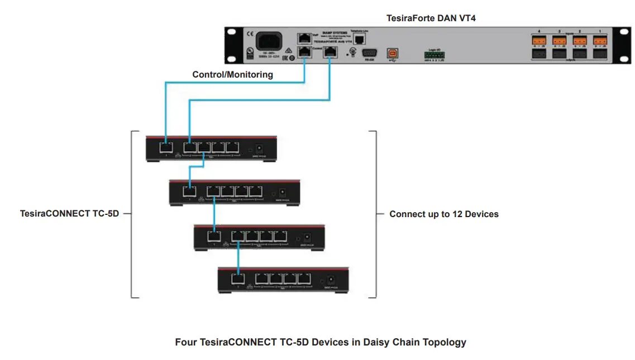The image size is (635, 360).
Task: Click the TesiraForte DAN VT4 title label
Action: pyautogui.click(x=431, y=18)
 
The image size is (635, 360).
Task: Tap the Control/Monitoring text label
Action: pyautogui.click(x=232, y=74)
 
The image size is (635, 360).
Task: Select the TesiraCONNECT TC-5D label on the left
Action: pyautogui.click(x=69, y=213)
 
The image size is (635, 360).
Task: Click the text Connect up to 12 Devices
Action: pyautogui.click(x=443, y=214)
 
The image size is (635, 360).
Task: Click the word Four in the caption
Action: pyautogui.click(x=185, y=342)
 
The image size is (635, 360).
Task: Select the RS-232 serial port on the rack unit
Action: pyautogui.click(x=369, y=53)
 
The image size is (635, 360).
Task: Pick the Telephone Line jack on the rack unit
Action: pyautogui.click(x=359, y=38)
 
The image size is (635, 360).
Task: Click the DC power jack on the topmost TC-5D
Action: pyautogui.click(x=259, y=148)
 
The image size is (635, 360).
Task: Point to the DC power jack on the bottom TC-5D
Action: pyautogui.click(x=331, y=279)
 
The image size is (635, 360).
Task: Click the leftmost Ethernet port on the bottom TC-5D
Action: pyautogui.click(x=238, y=279)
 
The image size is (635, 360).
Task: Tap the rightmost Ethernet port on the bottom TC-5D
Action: pyautogui.click(x=304, y=279)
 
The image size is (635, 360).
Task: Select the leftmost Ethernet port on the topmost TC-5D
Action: pyautogui.click(x=166, y=148)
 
